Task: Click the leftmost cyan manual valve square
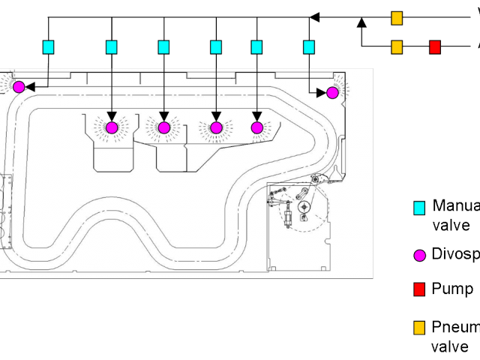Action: (x=49, y=47)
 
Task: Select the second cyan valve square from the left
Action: (x=112, y=47)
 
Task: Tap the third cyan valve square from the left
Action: (x=163, y=47)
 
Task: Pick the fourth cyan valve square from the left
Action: (x=216, y=47)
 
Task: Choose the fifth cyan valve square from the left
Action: (x=256, y=47)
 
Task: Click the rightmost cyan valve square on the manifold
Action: (x=308, y=47)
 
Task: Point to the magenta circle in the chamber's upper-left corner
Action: (x=19, y=87)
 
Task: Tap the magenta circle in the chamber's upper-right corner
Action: (x=332, y=92)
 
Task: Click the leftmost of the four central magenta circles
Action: (x=112, y=127)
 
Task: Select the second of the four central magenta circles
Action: (x=163, y=127)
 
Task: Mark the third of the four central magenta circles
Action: (x=216, y=127)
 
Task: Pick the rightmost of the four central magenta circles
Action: (x=256, y=127)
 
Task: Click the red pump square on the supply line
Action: (x=435, y=47)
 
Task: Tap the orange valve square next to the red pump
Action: (x=397, y=47)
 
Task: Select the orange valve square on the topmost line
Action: (x=397, y=17)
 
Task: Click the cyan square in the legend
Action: (x=420, y=207)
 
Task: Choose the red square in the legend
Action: (x=420, y=289)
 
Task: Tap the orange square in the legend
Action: (x=420, y=328)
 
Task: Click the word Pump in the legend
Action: (x=451, y=289)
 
